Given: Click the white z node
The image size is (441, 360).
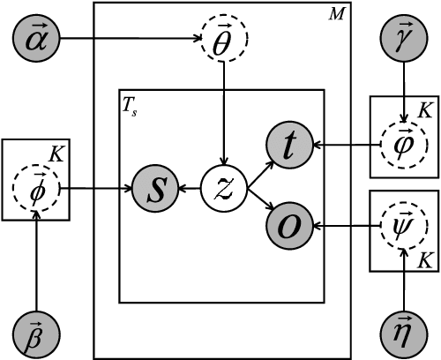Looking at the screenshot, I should [x=224, y=187].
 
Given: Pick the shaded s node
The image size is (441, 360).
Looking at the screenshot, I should [x=153, y=187].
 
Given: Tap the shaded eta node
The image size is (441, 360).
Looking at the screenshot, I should [x=404, y=334].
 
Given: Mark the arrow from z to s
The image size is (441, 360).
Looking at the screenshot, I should [x=189, y=187].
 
